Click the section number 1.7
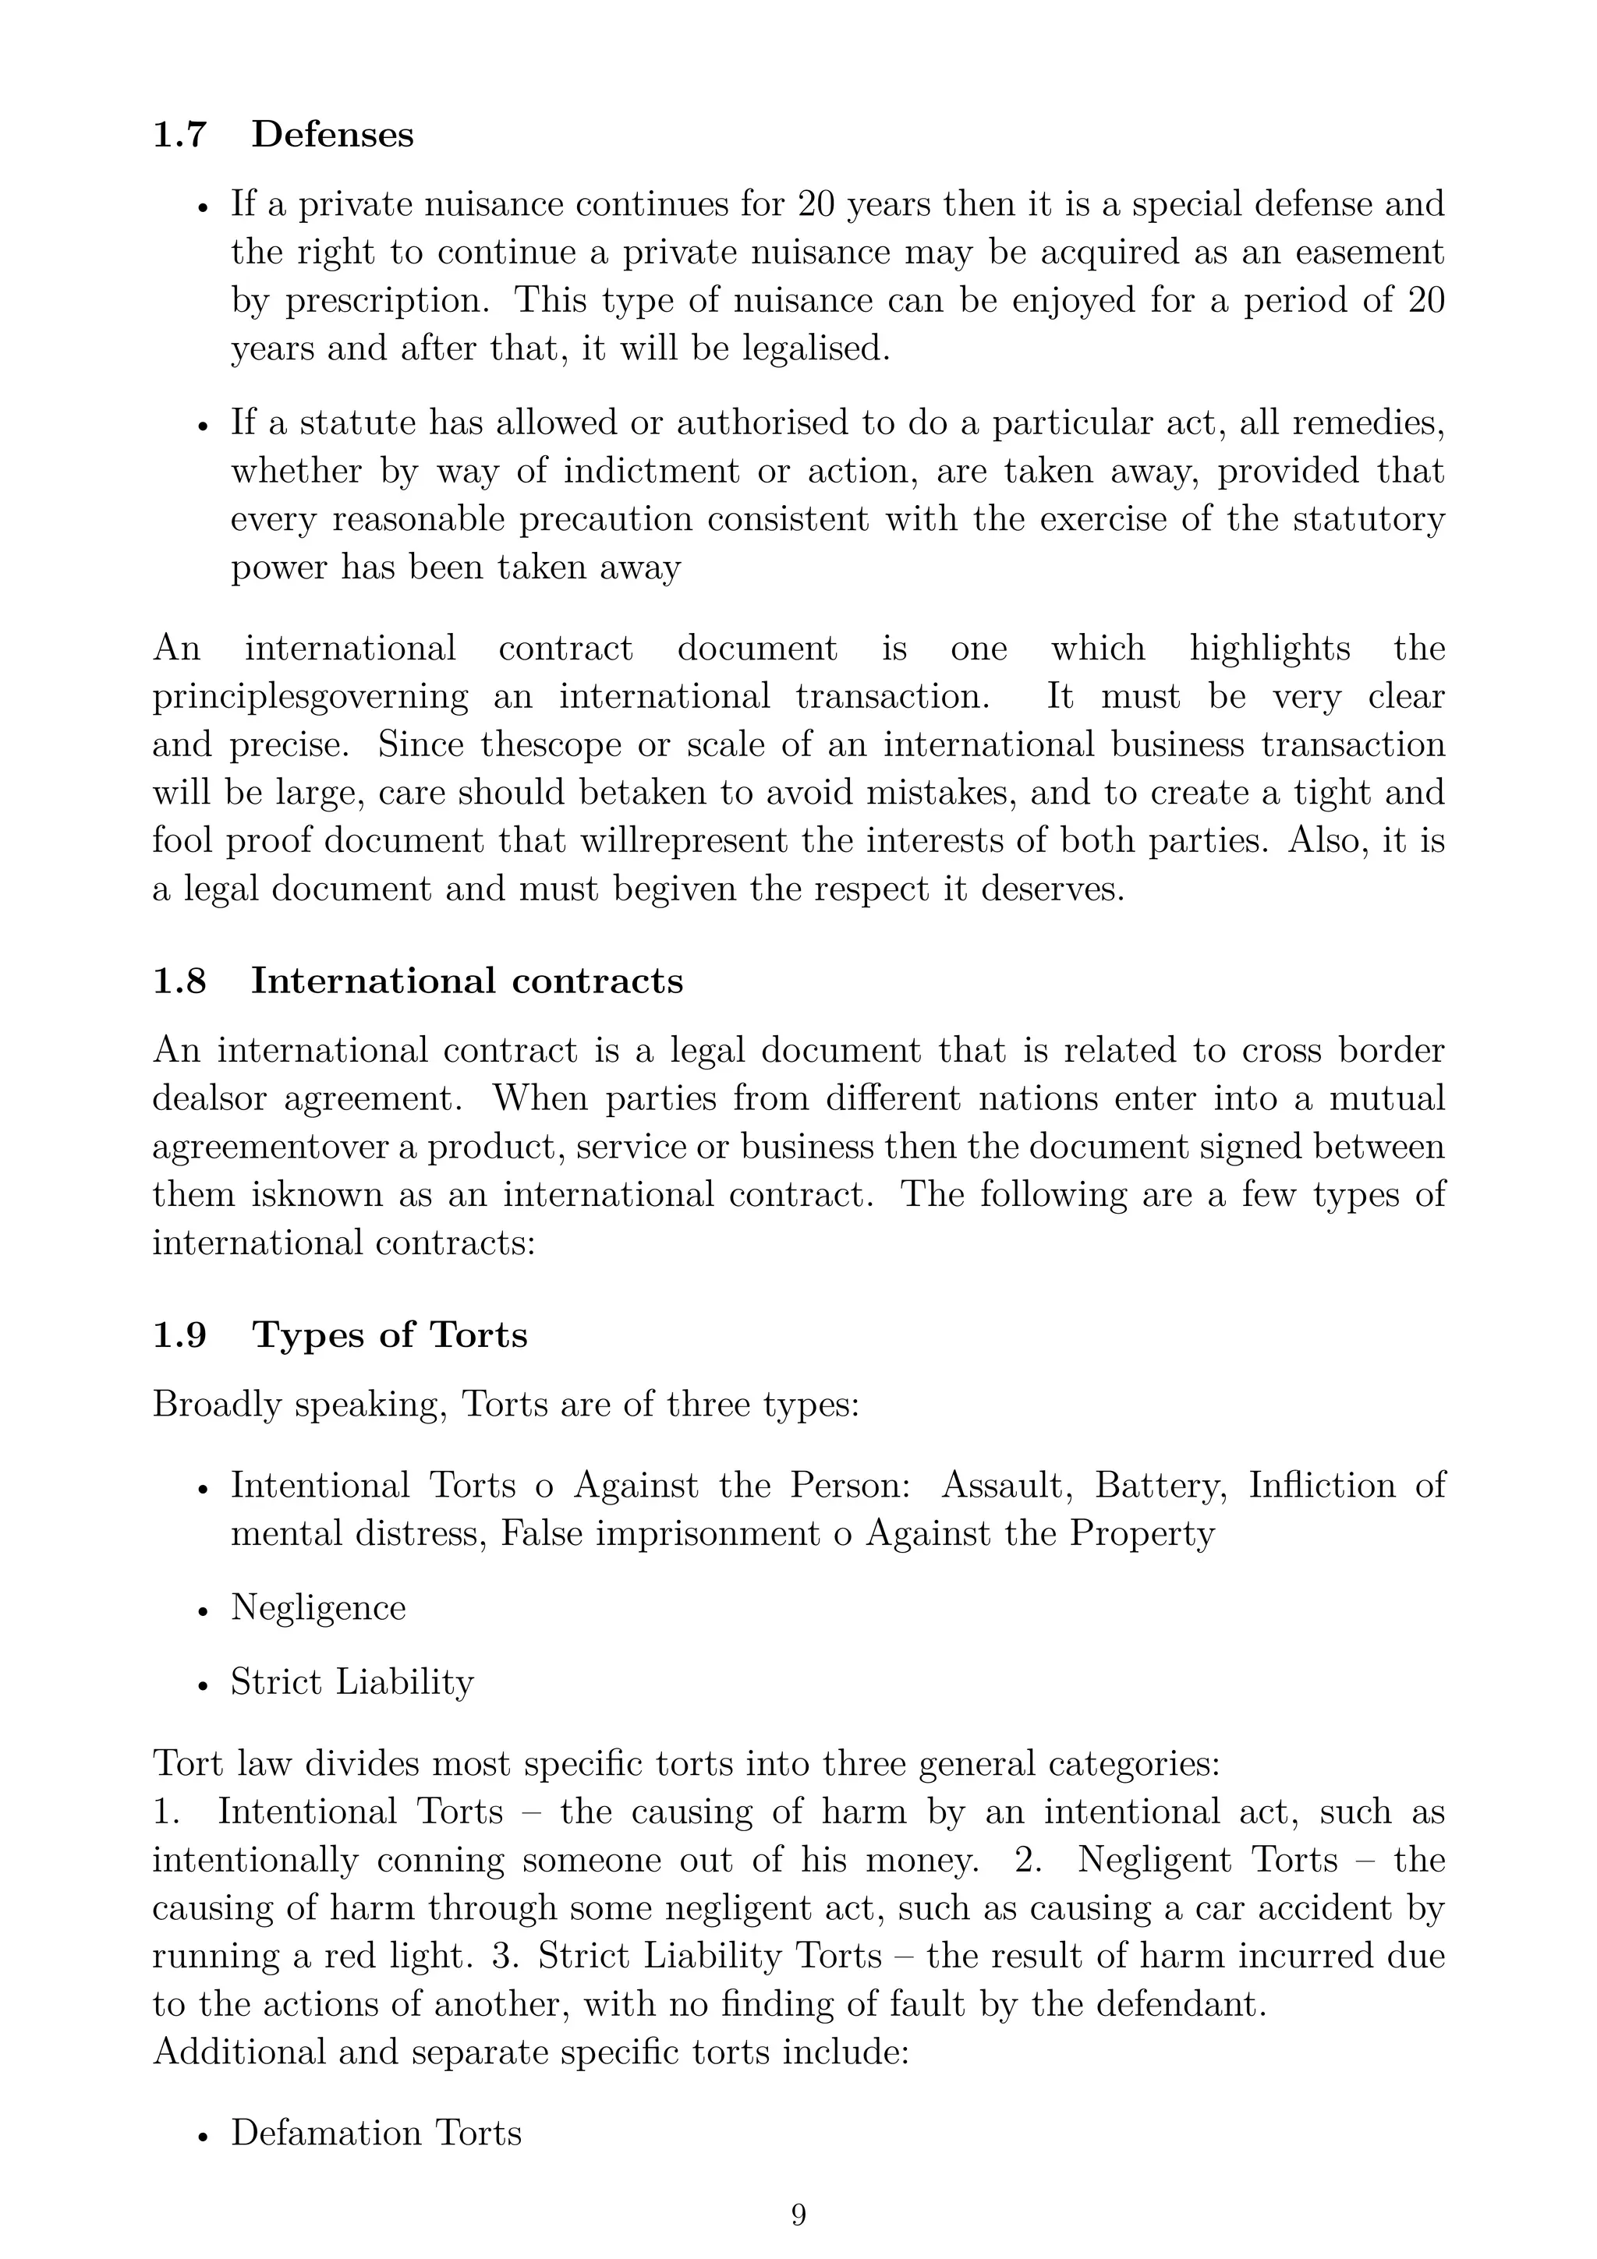[x=179, y=135]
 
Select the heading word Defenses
[x=333, y=135]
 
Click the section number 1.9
[x=179, y=1335]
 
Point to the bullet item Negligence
[x=318, y=1607]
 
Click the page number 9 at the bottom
[x=798, y=2215]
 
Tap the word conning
[x=440, y=1861]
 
